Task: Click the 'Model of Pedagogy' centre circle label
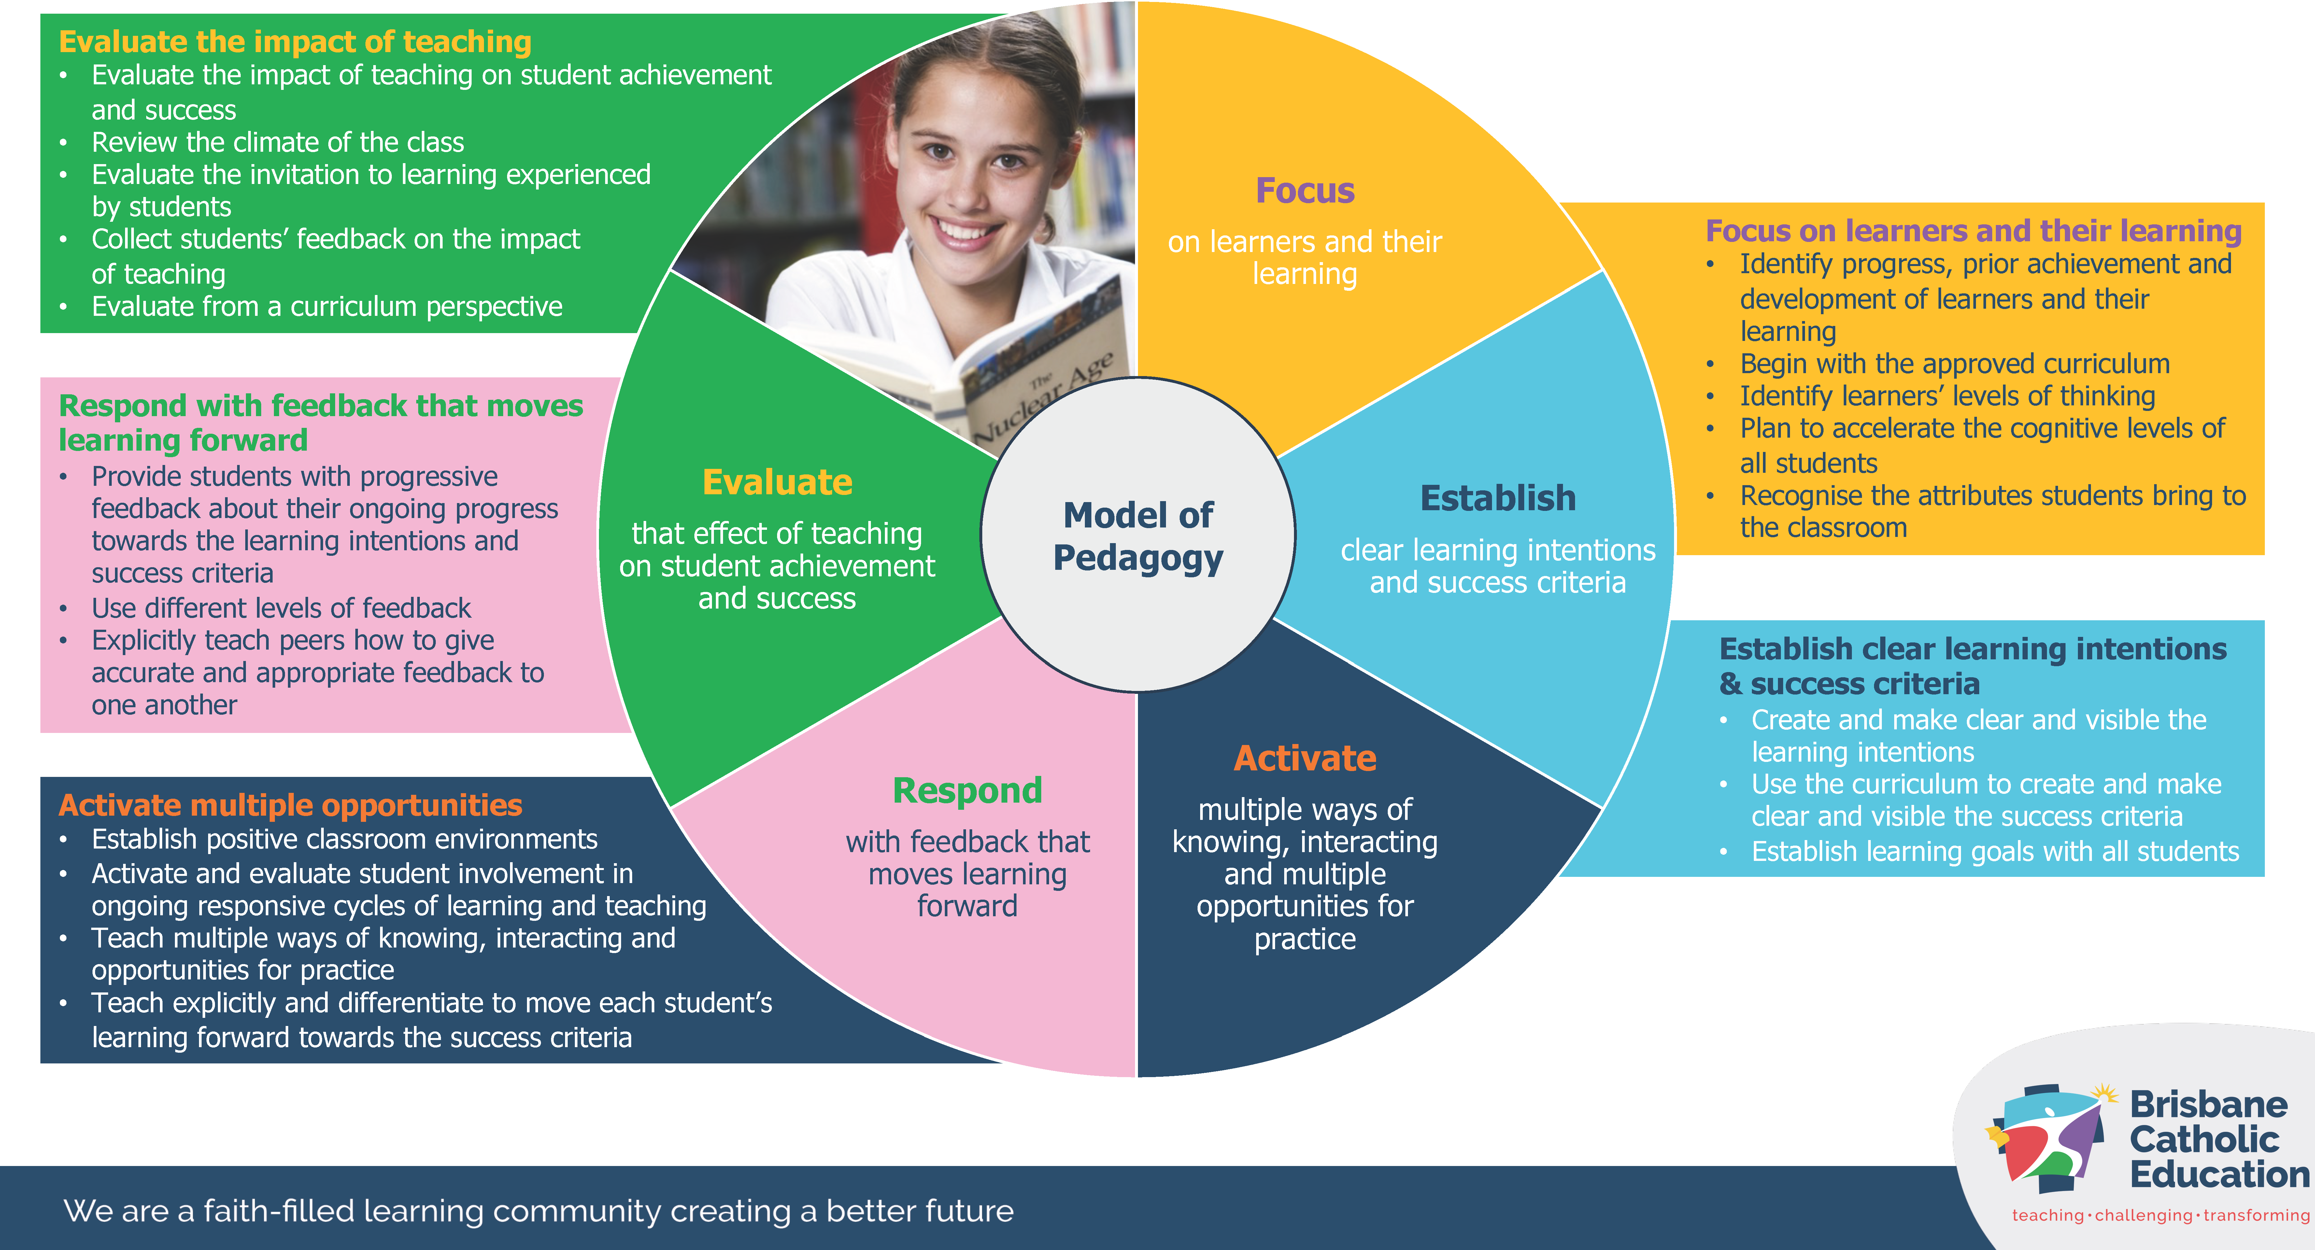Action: coord(1138,536)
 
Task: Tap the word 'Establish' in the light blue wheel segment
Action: coord(1497,498)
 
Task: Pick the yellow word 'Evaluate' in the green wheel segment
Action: coord(777,483)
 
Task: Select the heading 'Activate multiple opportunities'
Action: coord(290,805)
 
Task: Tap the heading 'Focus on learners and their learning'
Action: coord(1973,231)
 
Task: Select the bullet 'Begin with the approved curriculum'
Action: coord(1955,364)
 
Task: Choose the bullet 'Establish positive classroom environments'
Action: coord(344,839)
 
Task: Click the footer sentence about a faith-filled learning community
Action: coord(538,1211)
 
